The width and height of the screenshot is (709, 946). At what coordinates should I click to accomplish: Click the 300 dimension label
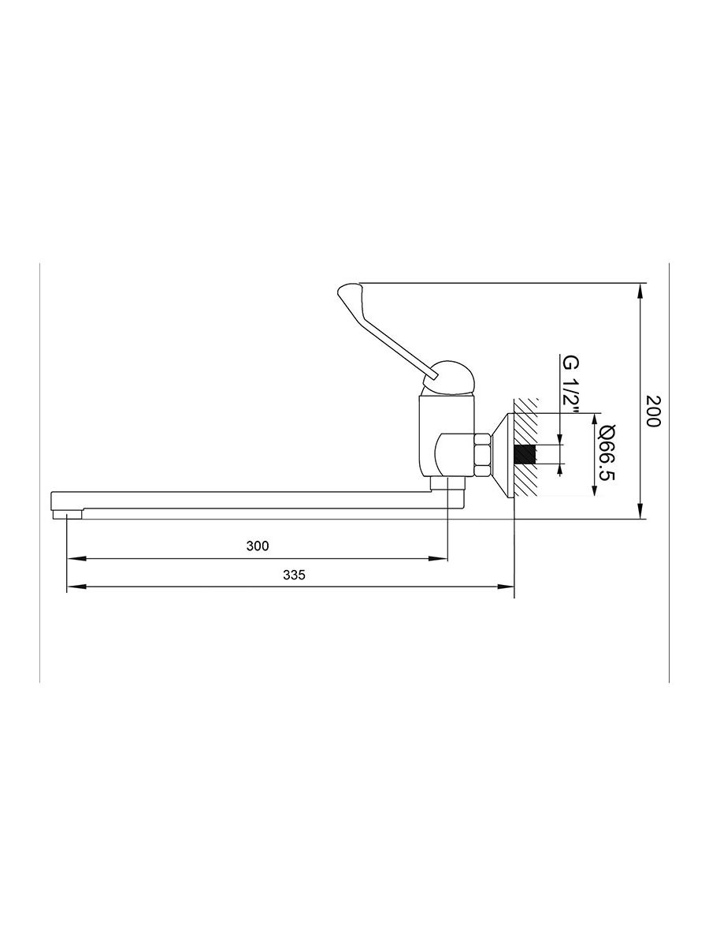[258, 546]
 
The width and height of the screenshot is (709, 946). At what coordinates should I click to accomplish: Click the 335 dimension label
[294, 575]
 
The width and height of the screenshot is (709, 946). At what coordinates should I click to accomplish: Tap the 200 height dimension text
[653, 411]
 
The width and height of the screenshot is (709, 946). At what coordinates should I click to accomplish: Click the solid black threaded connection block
[525, 454]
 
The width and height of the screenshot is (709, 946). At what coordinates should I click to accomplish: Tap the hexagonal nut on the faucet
[481, 454]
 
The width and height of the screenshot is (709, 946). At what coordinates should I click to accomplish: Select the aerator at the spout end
[67, 514]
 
